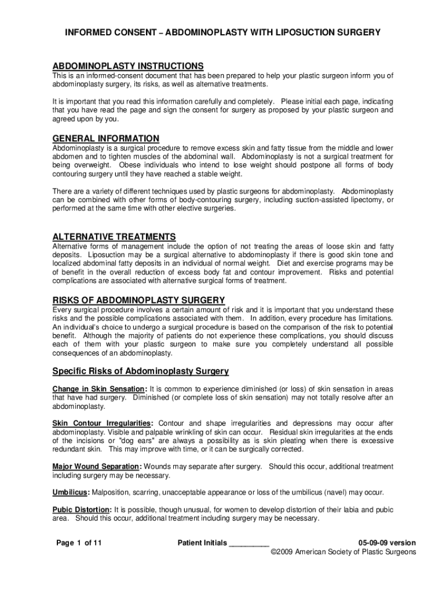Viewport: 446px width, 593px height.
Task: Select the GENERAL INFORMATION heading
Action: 106,138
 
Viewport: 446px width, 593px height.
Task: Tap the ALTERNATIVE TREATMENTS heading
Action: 114,237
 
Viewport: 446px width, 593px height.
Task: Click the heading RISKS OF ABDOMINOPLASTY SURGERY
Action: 138,300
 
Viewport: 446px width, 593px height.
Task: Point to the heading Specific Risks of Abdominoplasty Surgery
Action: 141,371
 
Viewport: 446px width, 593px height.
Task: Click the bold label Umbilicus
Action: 71,493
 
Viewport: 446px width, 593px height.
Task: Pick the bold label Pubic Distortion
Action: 82,510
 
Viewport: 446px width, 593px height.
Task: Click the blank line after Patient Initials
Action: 249,543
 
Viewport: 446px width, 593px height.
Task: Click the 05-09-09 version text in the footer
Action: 387,543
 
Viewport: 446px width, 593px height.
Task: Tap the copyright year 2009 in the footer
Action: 286,552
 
